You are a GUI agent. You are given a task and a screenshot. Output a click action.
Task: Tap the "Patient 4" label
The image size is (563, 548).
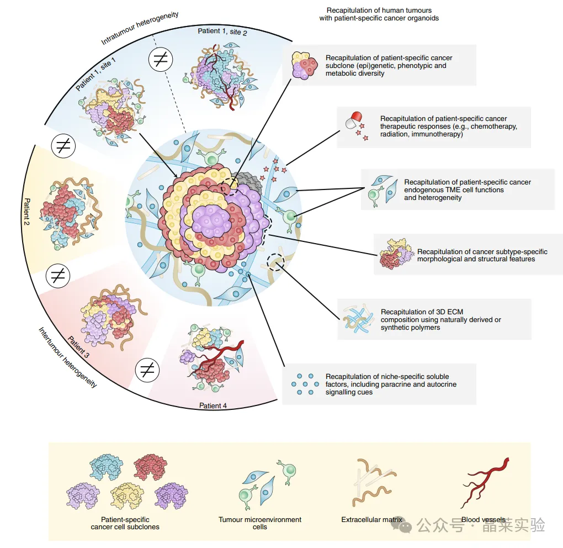213,406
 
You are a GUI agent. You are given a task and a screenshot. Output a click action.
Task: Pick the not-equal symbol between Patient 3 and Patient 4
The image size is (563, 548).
147,369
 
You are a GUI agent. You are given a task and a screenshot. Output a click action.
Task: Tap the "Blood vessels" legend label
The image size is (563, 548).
483,520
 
